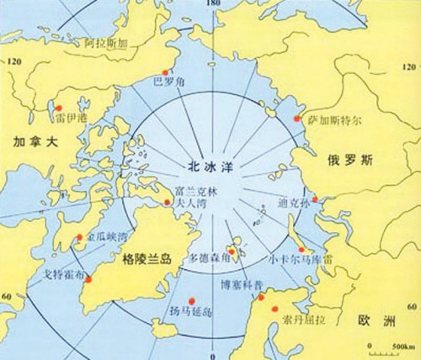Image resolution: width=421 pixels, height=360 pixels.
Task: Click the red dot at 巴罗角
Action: pos(167,71)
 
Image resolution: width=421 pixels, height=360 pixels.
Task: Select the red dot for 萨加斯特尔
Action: pos(297,120)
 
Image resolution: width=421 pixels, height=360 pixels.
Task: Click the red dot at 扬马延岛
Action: pos(194,299)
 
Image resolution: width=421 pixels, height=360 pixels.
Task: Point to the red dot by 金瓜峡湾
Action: pos(80,237)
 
